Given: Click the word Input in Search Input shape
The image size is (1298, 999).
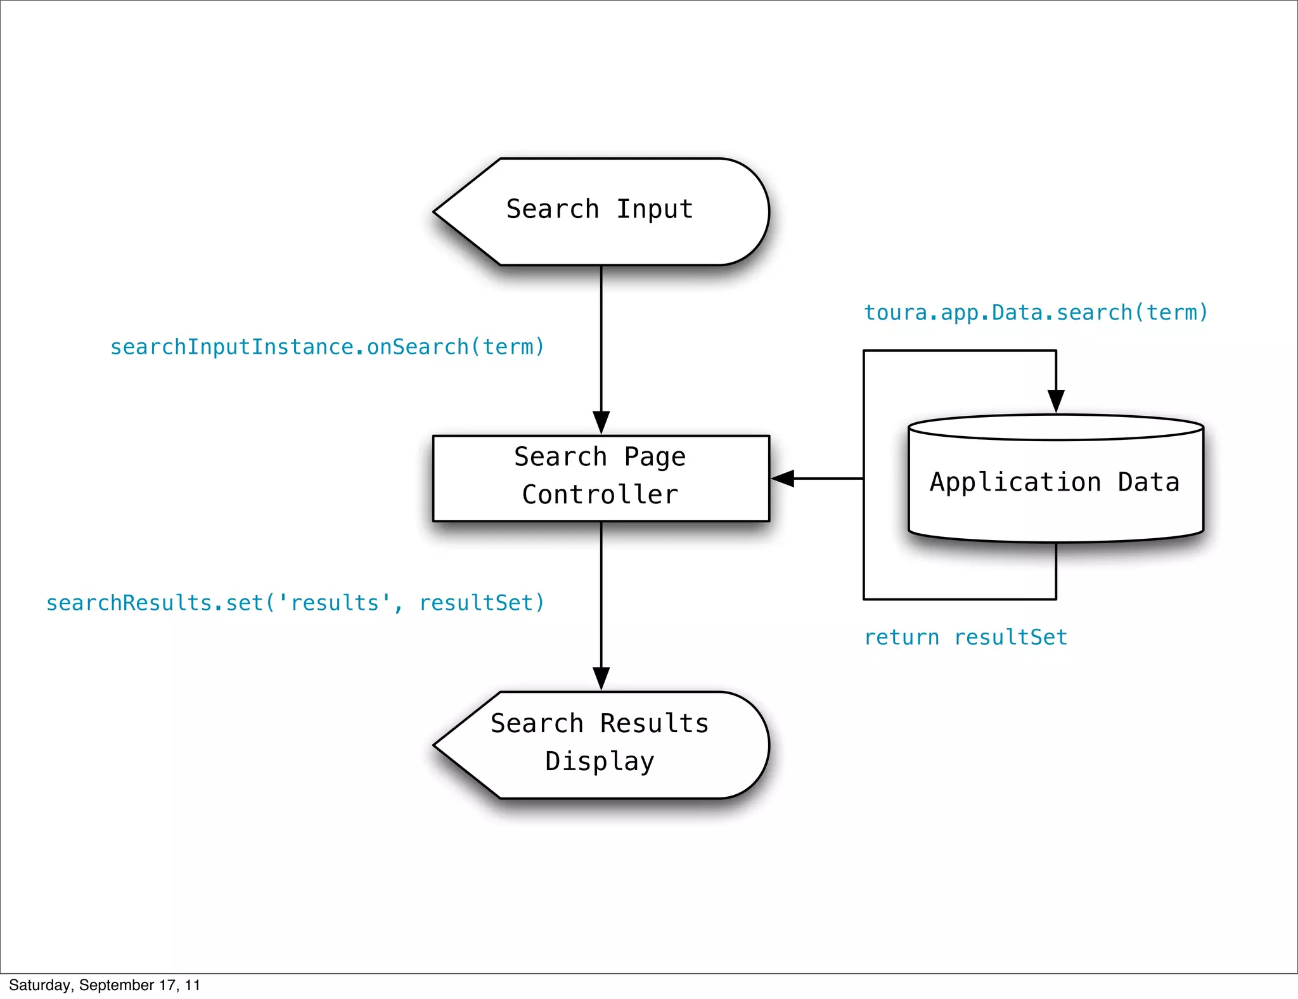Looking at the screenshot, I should (655, 209).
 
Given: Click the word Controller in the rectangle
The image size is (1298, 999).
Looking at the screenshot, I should (600, 495).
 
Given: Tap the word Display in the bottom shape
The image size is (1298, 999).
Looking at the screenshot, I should (600, 761).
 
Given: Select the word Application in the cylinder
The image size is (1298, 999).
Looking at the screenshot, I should (1015, 482).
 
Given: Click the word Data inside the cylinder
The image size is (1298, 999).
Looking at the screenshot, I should (1148, 482).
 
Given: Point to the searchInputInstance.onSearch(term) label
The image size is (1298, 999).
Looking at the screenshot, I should (327, 347).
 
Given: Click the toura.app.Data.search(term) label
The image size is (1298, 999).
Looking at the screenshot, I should (1036, 313).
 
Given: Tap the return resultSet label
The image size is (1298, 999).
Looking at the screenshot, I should (965, 637).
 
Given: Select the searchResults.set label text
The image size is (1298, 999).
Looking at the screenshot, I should (295, 603).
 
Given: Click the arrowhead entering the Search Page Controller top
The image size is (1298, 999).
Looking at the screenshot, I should (601, 423).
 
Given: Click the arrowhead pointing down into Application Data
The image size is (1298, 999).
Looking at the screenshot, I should (1056, 401).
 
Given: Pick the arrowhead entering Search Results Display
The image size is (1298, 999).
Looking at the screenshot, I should (601, 678).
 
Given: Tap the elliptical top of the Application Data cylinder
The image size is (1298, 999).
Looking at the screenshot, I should (1056, 428).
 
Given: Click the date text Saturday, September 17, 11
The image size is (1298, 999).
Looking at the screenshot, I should (105, 985).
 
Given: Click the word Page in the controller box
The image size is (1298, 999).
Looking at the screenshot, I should (655, 457).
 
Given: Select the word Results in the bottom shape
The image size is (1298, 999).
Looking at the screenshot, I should (654, 723).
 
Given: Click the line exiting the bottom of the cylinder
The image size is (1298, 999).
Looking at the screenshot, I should (1056, 570).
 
